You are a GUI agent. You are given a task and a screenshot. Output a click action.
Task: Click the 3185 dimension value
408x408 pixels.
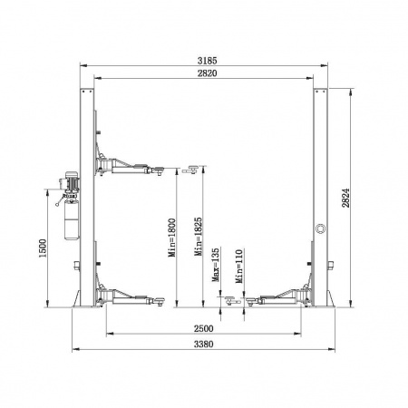(x=207, y=61)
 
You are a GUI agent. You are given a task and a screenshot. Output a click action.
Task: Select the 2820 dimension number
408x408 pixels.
(x=207, y=73)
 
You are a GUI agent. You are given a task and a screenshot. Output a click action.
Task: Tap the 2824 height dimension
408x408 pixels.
(x=345, y=198)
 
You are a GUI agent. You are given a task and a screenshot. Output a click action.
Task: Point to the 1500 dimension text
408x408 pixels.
(x=43, y=248)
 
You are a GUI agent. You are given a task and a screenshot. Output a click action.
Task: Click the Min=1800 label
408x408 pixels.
(x=172, y=238)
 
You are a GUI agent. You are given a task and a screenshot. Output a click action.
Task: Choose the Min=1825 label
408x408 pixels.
(x=199, y=237)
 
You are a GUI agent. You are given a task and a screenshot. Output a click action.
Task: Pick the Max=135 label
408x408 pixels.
(x=216, y=265)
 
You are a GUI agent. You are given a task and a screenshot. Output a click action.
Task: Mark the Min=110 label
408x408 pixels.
(x=239, y=266)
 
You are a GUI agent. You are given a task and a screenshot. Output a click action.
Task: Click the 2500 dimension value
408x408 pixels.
(x=204, y=328)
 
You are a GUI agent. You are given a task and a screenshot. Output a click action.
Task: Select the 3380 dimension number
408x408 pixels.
(x=204, y=345)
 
